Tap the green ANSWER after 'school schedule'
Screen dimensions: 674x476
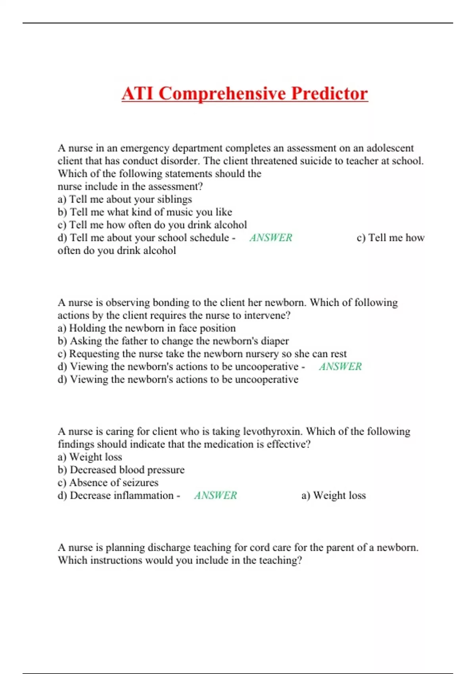pos(271,237)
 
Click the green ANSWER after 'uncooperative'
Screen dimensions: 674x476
pos(340,366)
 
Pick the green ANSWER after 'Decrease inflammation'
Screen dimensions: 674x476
pos(215,495)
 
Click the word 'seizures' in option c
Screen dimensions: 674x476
pos(140,483)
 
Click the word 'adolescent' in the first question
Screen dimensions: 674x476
pos(390,148)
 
